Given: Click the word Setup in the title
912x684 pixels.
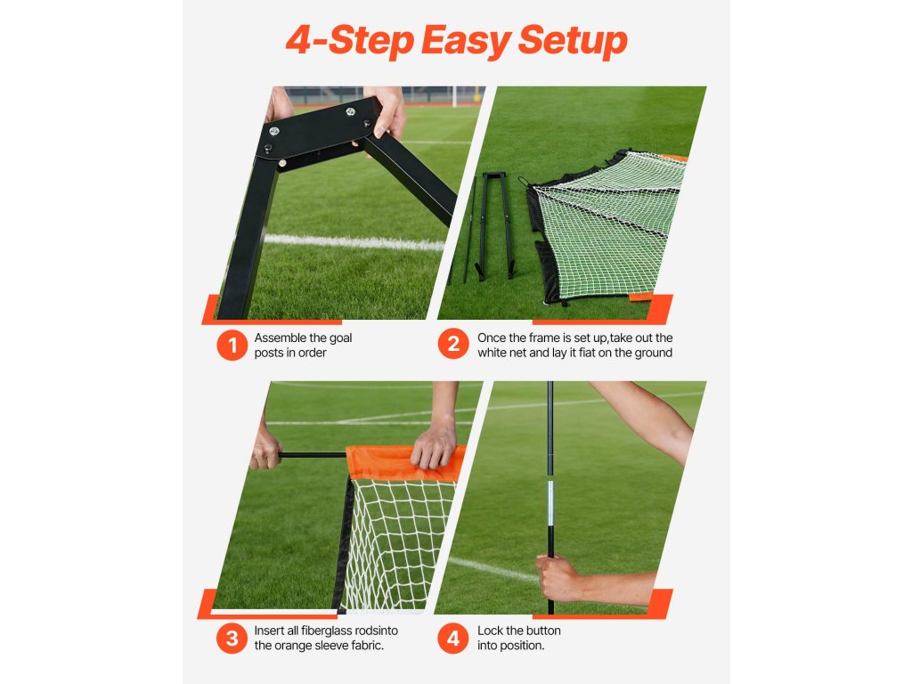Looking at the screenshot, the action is [573, 41].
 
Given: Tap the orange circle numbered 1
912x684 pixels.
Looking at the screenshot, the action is [232, 345].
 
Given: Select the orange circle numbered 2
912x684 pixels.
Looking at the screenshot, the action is [453, 343].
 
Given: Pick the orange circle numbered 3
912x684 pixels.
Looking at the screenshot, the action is [232, 638].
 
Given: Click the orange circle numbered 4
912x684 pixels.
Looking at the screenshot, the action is [453, 638].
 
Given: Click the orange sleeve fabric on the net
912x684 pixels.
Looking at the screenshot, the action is [405, 462].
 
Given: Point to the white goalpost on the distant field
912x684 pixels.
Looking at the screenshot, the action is [455, 96].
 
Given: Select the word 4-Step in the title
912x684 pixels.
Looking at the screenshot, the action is [348, 41].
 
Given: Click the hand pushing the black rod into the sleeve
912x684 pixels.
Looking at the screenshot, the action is [265, 451].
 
